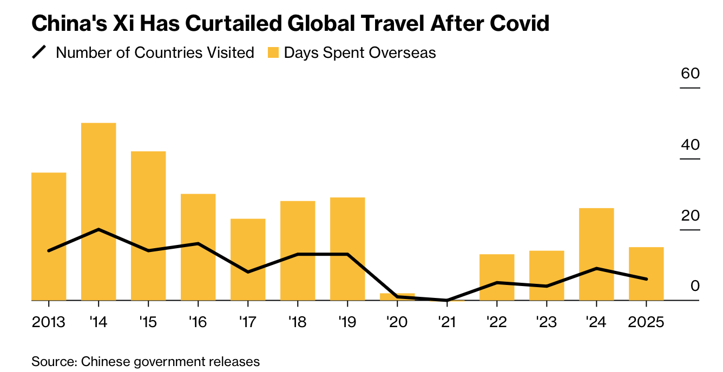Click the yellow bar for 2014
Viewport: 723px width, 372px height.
[98, 211]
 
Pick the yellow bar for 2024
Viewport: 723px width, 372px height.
[596, 254]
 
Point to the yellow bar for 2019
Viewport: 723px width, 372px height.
[347, 248]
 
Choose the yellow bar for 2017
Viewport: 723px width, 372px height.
[248, 259]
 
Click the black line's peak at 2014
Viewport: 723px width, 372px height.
[98, 229]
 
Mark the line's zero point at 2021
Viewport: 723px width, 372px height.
[447, 300]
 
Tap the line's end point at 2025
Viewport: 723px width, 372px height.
[646, 279]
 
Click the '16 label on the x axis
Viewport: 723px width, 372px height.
[198, 322]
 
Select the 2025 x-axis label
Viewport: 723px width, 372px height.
[646, 322]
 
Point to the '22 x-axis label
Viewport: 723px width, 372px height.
[496, 322]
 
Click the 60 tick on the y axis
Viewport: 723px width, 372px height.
[690, 74]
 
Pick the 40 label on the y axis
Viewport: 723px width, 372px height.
[690, 144]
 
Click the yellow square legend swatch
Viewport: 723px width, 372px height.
[273, 52]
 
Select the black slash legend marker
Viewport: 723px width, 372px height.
[40, 52]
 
